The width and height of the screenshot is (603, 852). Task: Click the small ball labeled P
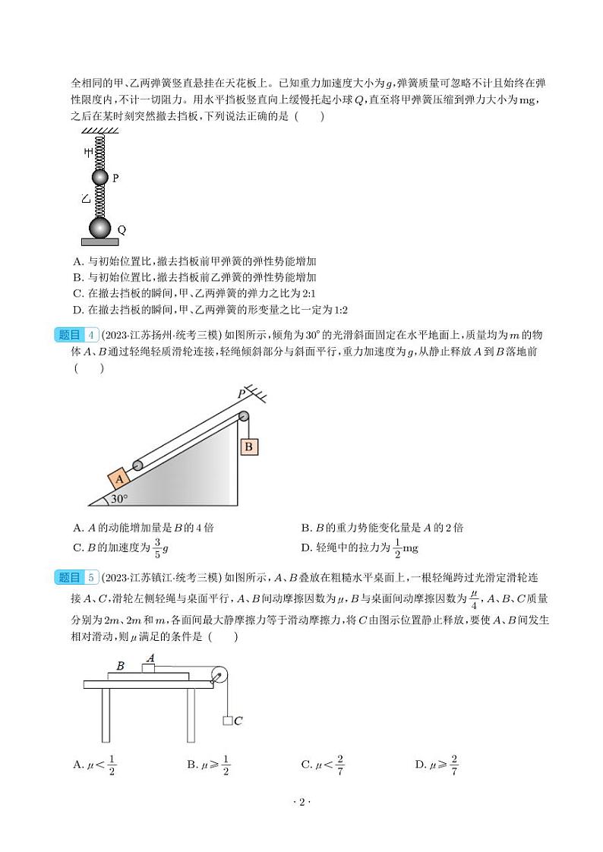coord(100,178)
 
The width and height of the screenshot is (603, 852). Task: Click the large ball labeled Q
coord(100,227)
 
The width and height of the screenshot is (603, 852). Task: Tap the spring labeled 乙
coord(100,201)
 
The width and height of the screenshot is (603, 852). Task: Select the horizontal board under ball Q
coord(100,241)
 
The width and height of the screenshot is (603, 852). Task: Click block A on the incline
coord(119,479)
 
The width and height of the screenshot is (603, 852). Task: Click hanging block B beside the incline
coord(248,447)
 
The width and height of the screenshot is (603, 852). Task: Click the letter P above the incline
coord(241,393)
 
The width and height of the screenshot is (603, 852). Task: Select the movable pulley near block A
coord(138,465)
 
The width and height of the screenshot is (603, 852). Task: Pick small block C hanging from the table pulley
coord(227,720)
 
